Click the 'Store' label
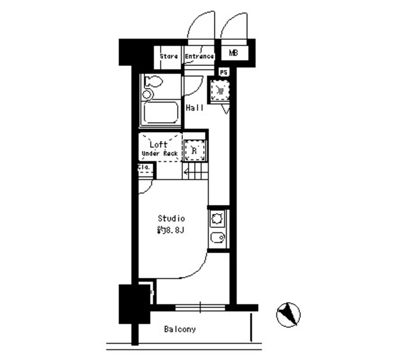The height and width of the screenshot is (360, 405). [168, 56]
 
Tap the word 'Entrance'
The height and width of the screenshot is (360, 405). [199, 56]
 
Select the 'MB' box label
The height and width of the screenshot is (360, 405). [234, 53]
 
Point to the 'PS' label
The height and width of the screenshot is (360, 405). [223, 72]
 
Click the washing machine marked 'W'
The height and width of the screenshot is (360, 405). [220, 91]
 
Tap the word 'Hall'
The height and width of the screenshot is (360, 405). [194, 108]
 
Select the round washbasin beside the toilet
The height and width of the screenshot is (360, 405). [147, 95]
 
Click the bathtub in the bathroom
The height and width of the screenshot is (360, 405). [161, 115]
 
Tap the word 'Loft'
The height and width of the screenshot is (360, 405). [158, 145]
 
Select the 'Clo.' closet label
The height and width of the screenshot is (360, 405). [144, 168]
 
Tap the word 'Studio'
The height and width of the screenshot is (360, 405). [171, 218]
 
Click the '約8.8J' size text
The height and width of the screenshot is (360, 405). [171, 229]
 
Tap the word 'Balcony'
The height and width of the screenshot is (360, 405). [180, 329]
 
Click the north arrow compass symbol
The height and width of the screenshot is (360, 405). [289, 313]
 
